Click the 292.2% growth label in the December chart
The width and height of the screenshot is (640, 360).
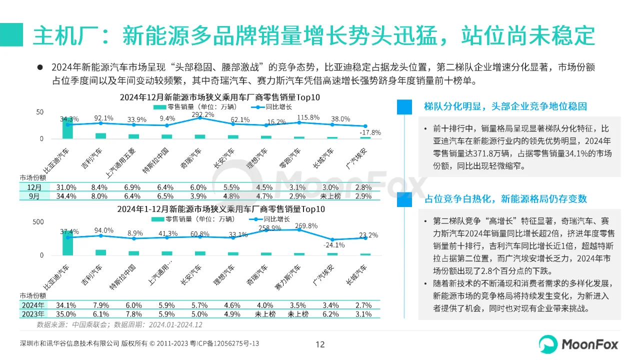coord(200,114)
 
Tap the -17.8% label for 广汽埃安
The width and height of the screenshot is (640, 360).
coord(370,132)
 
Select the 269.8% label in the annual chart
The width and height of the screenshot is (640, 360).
coord(306,225)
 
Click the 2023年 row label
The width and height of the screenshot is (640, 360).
coord(32,314)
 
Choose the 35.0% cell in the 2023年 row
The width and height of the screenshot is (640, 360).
coord(66,314)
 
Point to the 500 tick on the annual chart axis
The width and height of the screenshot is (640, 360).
coord(38,221)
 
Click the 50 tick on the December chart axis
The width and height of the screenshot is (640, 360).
coord(40,111)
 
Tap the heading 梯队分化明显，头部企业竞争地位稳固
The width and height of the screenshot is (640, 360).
coord(505,106)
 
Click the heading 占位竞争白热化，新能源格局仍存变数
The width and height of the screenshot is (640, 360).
coord(505,199)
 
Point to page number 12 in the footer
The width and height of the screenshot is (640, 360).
coord(320,344)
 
